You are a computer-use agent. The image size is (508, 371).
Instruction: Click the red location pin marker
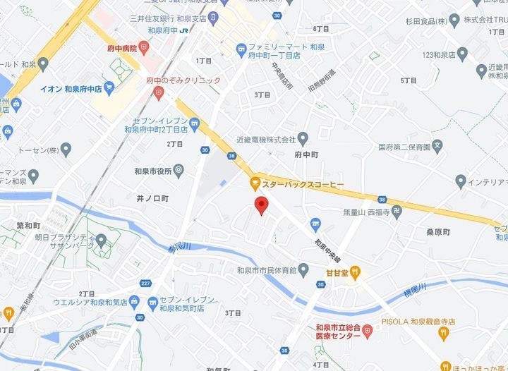pos(261,206)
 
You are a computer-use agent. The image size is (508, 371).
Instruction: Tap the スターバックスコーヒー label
pos(303,184)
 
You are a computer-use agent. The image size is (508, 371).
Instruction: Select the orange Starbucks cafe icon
pos(254,184)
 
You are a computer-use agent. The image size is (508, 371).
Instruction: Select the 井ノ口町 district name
pos(153,200)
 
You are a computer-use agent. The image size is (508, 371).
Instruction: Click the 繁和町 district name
pos(30,225)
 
